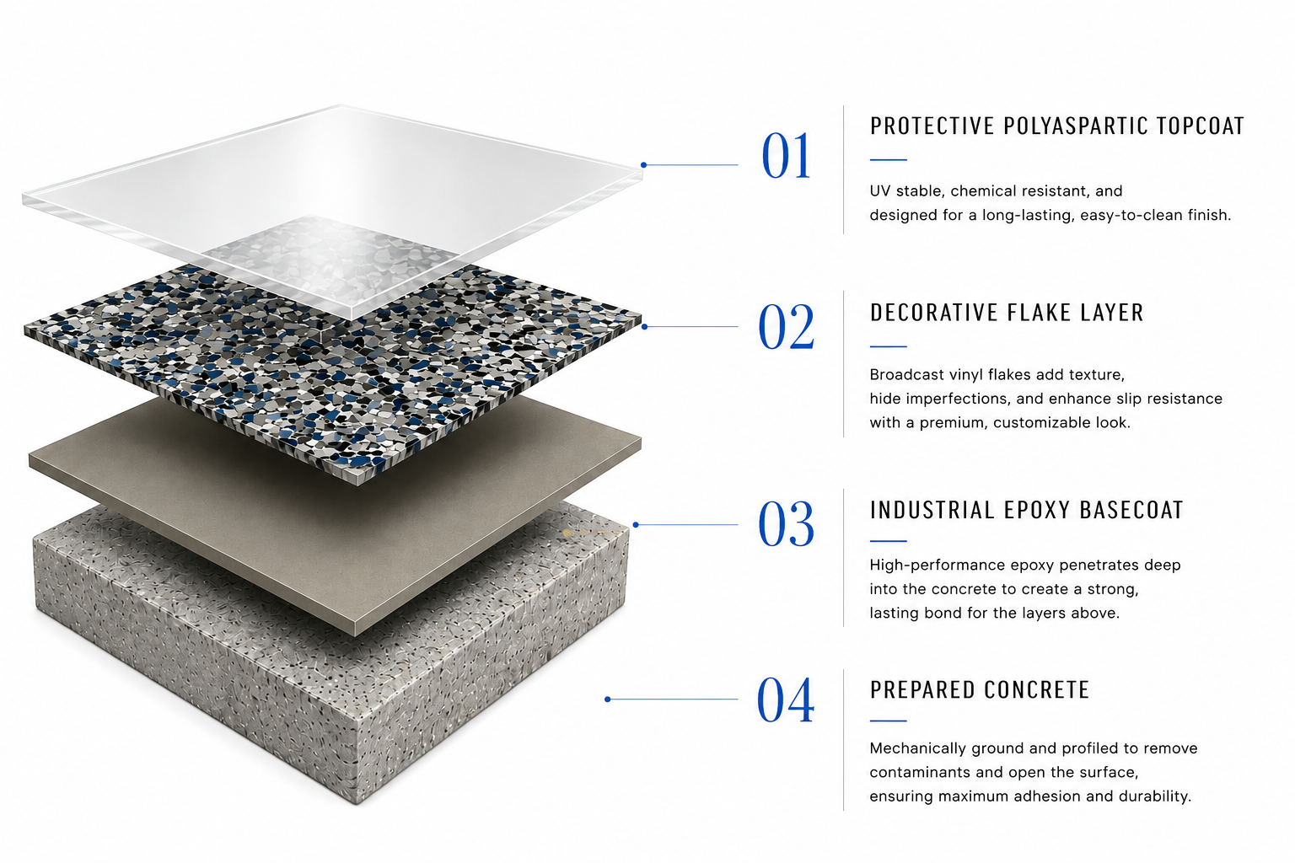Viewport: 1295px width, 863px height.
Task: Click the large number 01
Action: point(786,155)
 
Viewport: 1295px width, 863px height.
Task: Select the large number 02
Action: point(786,327)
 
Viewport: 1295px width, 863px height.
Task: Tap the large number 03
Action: point(786,523)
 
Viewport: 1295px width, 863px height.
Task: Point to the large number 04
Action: point(786,700)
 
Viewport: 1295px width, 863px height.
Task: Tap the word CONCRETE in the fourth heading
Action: point(1036,689)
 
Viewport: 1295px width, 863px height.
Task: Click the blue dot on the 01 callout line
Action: point(643,164)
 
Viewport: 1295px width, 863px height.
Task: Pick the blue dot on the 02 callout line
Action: point(645,327)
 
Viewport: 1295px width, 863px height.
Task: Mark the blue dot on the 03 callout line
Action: point(636,525)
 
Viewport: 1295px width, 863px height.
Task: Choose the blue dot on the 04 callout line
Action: point(608,700)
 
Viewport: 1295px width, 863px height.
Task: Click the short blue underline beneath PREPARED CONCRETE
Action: point(888,721)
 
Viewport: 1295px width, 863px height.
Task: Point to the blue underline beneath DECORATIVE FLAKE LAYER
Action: point(888,346)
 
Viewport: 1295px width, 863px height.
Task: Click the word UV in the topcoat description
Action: point(879,190)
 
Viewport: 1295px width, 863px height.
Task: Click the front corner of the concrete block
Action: point(357,802)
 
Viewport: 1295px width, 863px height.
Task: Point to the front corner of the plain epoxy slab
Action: point(354,635)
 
